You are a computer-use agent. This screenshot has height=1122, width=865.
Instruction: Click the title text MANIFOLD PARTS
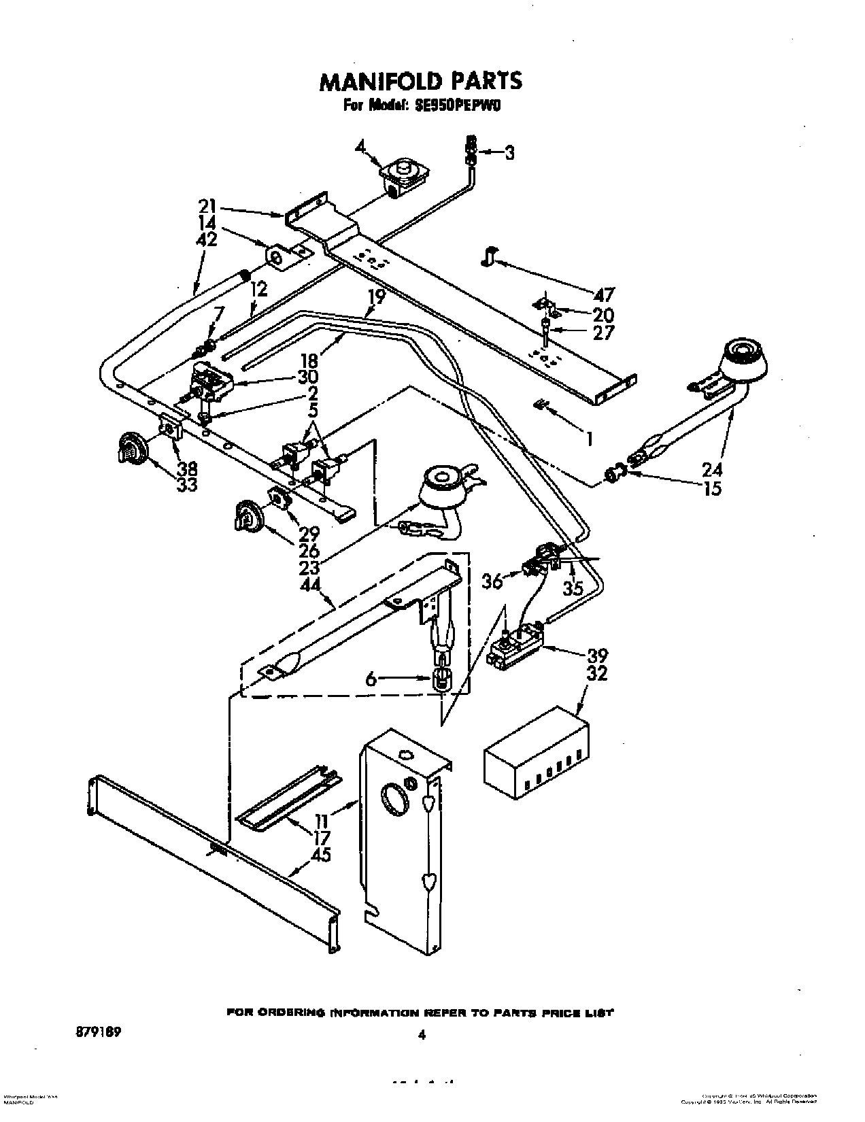(421, 80)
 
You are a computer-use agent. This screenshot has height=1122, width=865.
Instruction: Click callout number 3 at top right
(508, 154)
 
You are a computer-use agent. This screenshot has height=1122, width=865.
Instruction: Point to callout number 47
(604, 294)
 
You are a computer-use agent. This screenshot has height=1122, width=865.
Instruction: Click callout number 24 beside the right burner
(712, 469)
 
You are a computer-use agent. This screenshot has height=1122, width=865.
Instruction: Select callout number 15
(712, 488)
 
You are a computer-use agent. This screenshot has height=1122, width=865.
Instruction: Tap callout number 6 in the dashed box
(371, 678)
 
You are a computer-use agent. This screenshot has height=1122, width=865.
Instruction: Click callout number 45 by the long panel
(320, 854)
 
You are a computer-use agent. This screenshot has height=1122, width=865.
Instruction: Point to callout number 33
(187, 485)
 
